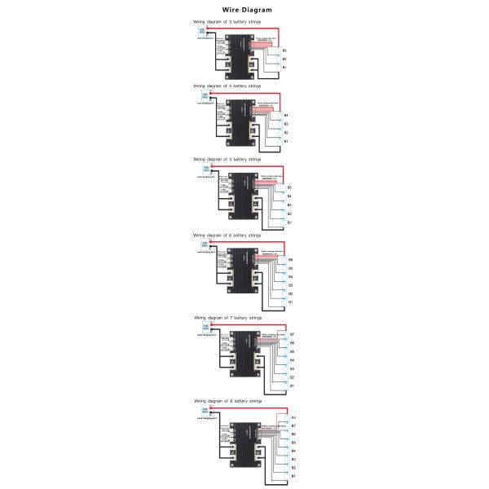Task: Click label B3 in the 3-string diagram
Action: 284,51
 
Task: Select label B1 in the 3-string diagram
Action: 284,67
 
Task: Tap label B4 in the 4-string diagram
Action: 286,115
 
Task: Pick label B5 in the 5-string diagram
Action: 289,188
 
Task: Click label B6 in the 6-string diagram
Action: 291,259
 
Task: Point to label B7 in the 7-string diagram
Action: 292,334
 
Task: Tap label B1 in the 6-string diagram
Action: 291,302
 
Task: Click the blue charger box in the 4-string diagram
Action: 205,97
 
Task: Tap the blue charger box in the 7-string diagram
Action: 205,328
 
